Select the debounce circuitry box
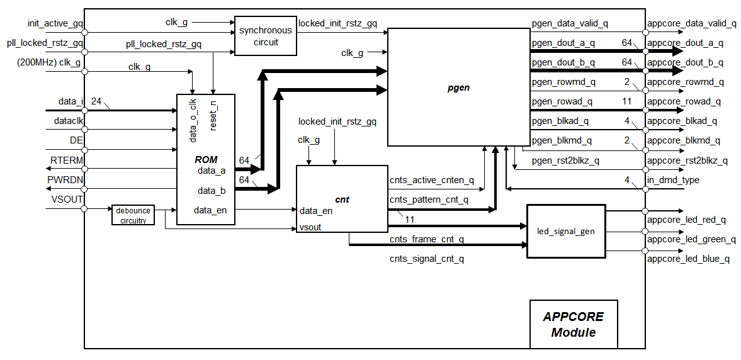132,215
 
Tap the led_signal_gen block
566,231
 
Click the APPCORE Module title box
573,324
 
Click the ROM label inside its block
206,160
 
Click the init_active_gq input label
55,23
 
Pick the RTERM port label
67,160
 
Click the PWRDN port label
65,180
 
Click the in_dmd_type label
672,181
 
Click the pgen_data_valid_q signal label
570,23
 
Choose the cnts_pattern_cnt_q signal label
429,200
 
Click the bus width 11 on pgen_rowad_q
626,101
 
